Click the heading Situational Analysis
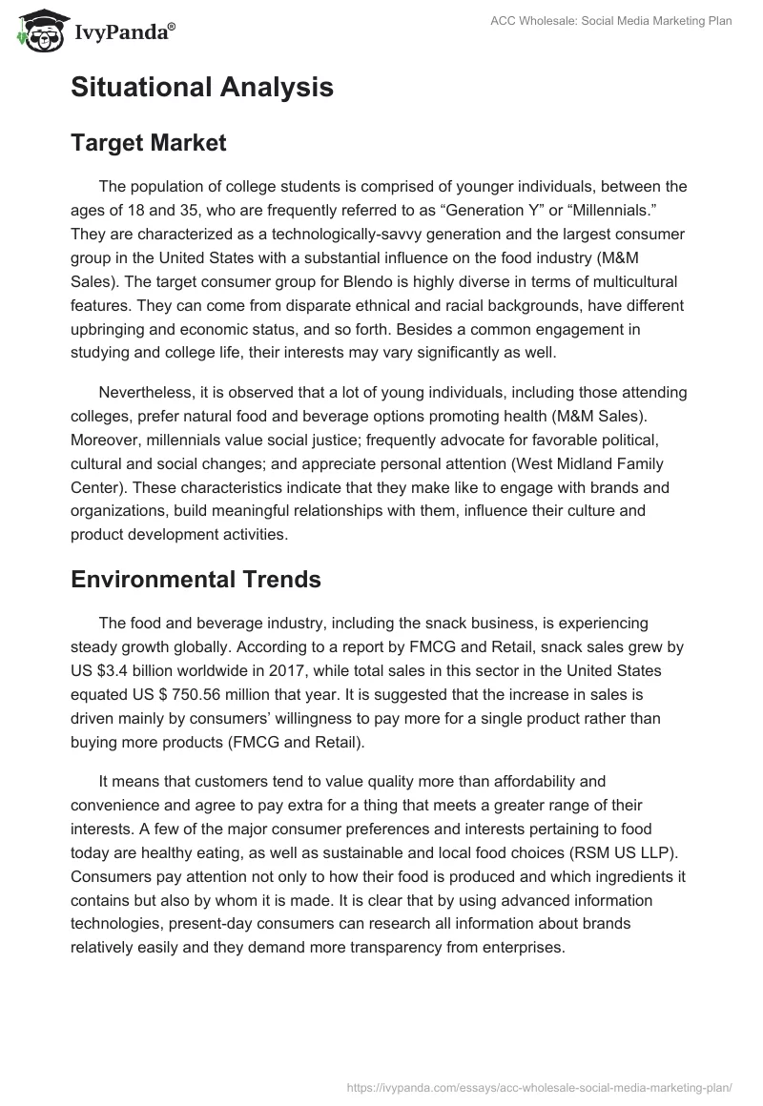(201, 88)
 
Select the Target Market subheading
(148, 143)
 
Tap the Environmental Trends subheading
(196, 580)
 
